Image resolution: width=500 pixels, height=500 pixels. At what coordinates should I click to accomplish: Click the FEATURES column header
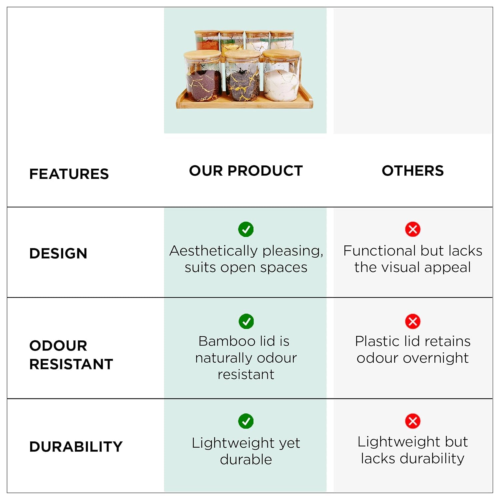point(69,174)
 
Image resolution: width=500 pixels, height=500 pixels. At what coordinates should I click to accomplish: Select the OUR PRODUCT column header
point(246,171)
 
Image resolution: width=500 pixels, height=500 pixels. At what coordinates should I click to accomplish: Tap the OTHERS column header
point(413,171)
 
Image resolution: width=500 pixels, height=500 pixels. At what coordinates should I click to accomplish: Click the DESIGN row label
point(58,253)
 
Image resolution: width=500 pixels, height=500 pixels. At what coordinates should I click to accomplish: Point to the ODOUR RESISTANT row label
point(71,355)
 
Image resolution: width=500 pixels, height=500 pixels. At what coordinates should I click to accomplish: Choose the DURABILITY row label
point(76,447)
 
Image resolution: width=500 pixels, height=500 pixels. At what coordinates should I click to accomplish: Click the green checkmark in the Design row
point(246,229)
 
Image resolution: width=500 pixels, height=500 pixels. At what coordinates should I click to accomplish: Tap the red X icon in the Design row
point(413,229)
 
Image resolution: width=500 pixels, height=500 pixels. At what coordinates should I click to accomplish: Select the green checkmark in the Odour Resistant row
point(246,321)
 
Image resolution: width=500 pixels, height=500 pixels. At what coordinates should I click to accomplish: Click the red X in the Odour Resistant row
point(413,321)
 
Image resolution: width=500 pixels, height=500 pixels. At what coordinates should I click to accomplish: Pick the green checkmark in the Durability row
point(246,421)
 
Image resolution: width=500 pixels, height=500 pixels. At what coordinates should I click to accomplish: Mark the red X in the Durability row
point(413,421)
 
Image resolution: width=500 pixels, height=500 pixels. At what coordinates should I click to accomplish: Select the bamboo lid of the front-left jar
point(202,55)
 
